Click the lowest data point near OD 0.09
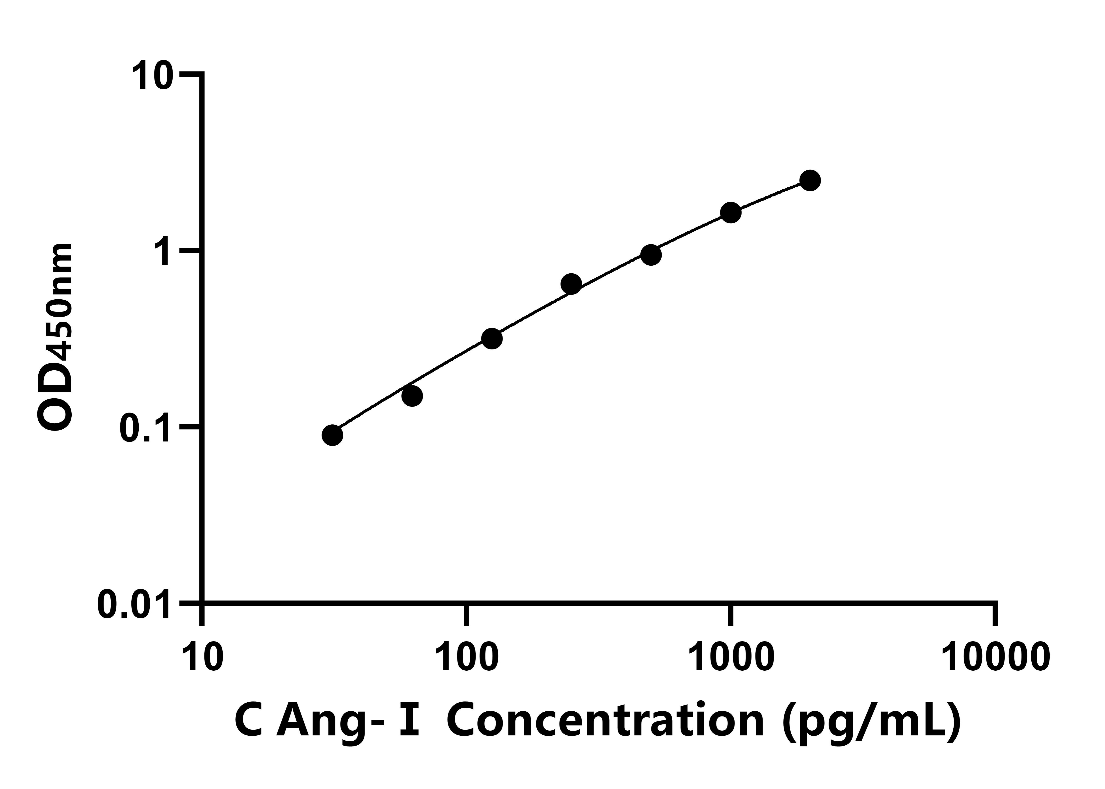coord(332,435)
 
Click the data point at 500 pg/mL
coord(651,255)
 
